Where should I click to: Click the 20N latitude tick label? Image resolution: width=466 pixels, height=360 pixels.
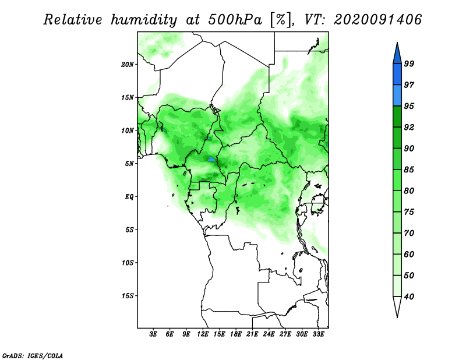[128, 65]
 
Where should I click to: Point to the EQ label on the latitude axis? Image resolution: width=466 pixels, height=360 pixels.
[129, 197]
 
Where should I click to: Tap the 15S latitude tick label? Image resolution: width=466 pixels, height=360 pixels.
[128, 296]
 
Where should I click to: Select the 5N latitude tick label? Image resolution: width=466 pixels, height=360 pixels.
[129, 164]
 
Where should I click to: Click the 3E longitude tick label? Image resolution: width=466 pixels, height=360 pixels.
[153, 334]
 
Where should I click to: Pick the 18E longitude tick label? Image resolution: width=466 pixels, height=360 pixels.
[235, 334]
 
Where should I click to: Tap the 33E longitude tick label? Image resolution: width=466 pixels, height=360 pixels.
[318, 334]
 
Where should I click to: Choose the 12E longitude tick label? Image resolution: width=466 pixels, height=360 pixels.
[202, 334]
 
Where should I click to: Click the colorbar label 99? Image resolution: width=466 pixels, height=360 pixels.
[409, 63]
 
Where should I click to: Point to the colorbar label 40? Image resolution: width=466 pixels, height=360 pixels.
[409, 297]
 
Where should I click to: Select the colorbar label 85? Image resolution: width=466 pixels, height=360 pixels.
[409, 170]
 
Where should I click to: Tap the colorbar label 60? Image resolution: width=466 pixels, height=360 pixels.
[409, 255]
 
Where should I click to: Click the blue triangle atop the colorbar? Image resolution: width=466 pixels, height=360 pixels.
[397, 55]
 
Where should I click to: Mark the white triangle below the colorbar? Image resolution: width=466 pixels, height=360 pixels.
[397, 305]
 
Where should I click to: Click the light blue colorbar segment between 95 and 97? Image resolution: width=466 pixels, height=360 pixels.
[397, 96]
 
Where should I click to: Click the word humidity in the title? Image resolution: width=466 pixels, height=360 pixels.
[144, 20]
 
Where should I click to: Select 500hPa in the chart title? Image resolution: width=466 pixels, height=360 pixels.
[235, 20]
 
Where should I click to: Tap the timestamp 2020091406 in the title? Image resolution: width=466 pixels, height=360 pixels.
[377, 20]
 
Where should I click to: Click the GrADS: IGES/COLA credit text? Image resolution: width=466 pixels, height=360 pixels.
[33, 355]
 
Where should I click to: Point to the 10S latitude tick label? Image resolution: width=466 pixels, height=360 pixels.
[128, 263]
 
